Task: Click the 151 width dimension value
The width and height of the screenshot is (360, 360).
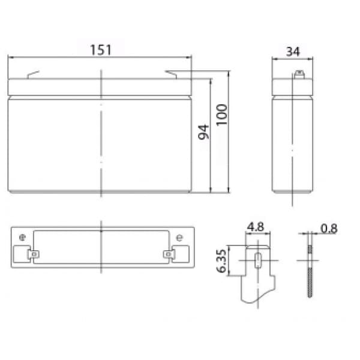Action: [x=101, y=50]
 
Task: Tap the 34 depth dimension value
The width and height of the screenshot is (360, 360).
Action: [x=293, y=52]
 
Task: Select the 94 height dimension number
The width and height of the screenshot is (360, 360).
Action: [x=203, y=132]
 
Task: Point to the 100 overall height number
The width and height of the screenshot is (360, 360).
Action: [x=222, y=115]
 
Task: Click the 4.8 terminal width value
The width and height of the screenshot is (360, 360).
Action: [x=256, y=227]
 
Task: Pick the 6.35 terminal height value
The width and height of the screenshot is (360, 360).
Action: [x=222, y=261]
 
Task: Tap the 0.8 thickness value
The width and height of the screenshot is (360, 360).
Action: [x=329, y=229]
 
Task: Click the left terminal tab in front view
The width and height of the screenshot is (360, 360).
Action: [x=33, y=74]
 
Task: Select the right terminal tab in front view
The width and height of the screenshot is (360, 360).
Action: [x=171, y=74]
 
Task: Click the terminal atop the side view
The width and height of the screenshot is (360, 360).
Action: [x=299, y=74]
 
